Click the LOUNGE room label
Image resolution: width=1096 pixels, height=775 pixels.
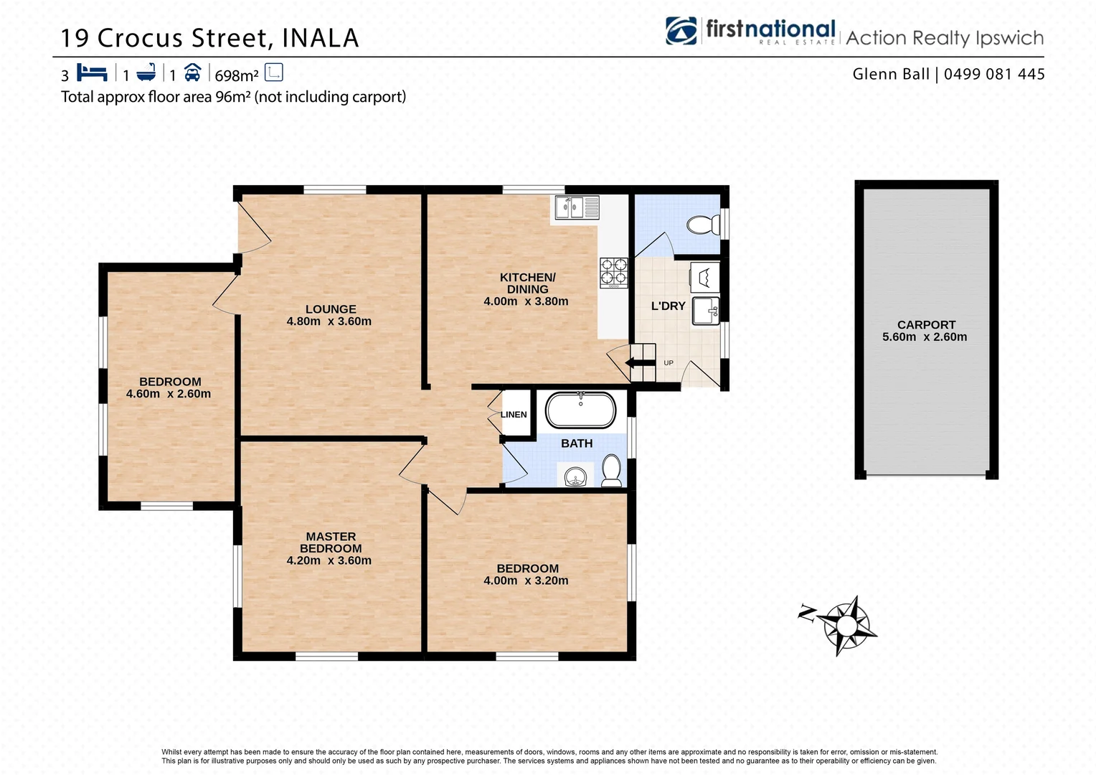(331, 309)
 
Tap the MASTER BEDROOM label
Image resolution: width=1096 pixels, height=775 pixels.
(331, 542)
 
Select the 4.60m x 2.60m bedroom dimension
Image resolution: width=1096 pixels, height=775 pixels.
(169, 394)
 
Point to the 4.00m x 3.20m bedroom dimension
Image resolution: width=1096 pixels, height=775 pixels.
(526, 581)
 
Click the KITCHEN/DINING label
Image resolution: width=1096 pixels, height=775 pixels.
(527, 283)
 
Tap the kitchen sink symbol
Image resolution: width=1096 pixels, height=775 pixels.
(577, 208)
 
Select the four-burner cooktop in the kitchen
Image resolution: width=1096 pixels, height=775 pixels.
(614, 273)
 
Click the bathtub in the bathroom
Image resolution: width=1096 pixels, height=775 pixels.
(580, 410)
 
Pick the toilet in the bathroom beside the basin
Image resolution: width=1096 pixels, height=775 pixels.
(611, 471)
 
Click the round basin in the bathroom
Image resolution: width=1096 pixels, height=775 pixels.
(575, 476)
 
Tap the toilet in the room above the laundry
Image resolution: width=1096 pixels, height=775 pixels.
(703, 225)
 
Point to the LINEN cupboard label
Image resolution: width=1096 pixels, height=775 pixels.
(514, 415)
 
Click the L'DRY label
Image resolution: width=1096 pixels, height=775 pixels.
(668, 306)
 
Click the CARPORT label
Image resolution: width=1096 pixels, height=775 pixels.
(926, 324)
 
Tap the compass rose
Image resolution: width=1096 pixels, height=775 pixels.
(847, 625)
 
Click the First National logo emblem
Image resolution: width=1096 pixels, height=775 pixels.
(681, 31)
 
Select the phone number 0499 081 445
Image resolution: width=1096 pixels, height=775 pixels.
(994, 74)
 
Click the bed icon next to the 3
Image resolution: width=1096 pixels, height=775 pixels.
(92, 73)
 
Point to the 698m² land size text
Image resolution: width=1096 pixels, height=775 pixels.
(236, 75)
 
